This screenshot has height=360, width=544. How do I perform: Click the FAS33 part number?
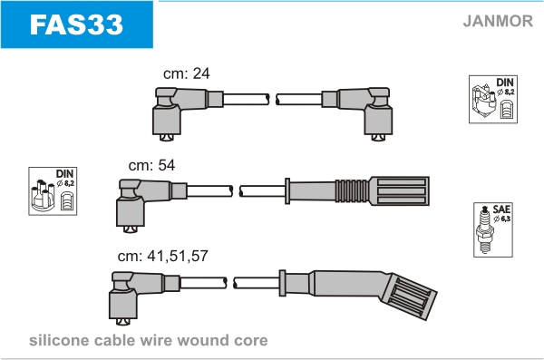[76, 24]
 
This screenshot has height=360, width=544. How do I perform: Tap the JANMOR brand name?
[498, 21]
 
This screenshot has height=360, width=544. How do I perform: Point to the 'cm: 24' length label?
[186, 73]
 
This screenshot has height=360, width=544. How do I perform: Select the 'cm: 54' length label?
[151, 165]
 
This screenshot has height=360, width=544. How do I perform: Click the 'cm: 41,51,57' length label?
[162, 256]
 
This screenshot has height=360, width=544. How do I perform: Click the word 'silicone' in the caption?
[59, 340]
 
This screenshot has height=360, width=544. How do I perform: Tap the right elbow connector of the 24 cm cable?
[357, 112]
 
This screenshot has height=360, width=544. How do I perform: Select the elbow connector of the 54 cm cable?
[151, 204]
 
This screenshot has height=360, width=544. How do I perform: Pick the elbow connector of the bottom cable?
[145, 297]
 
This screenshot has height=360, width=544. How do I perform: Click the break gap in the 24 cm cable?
[273, 99]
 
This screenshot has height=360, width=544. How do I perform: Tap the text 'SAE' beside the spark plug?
[501, 209]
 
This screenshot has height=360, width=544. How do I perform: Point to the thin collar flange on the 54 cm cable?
[287, 191]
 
